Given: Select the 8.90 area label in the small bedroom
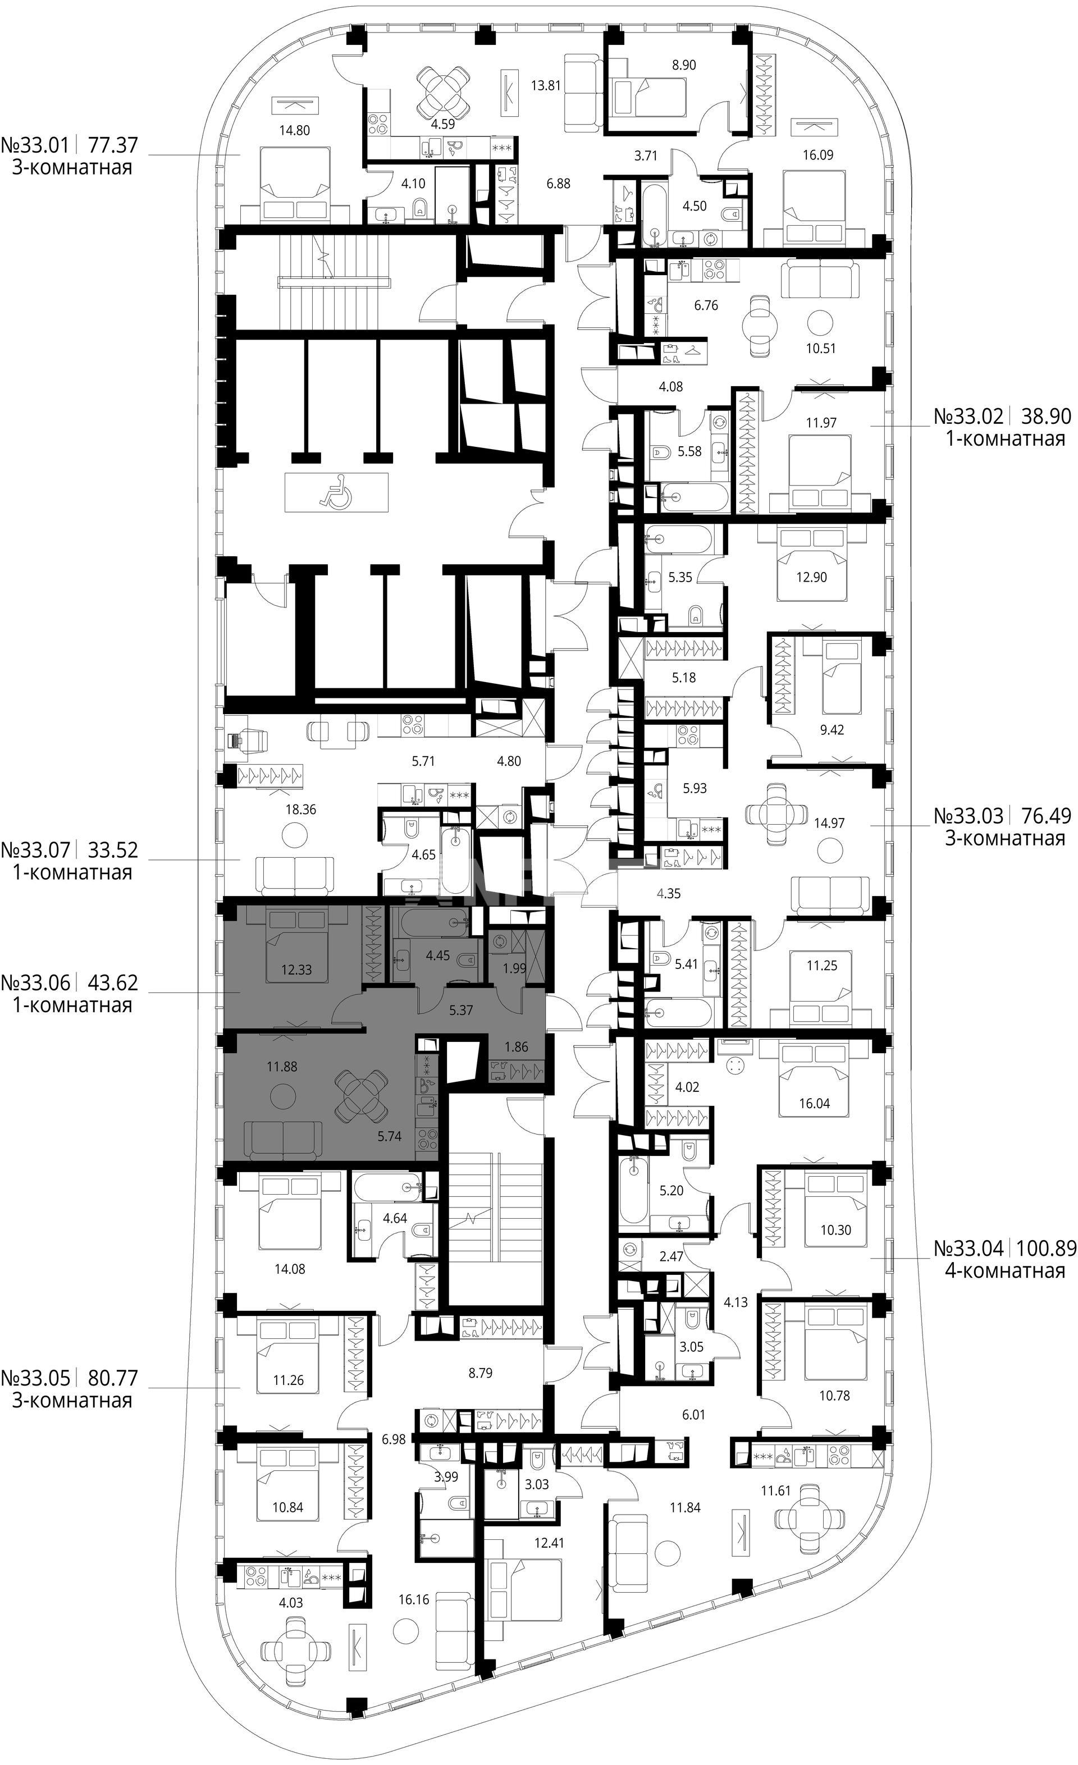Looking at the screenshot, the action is point(683,65).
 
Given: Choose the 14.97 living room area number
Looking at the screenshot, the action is point(829,823).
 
